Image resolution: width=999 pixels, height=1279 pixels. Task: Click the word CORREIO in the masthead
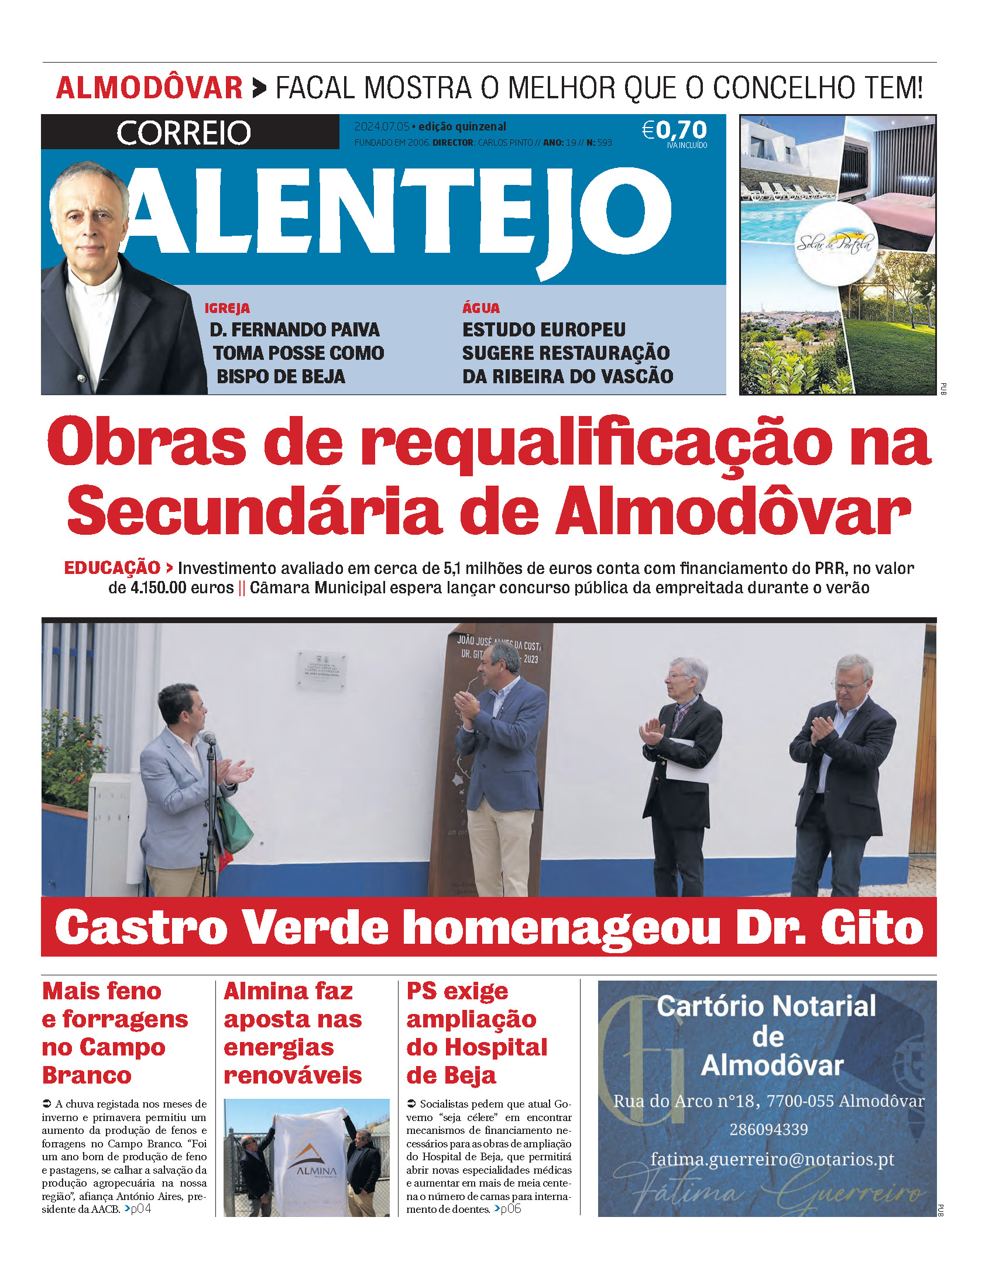point(183,133)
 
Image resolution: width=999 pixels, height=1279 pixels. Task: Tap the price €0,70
point(675,129)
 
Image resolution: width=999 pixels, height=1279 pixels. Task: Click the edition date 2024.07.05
point(382,126)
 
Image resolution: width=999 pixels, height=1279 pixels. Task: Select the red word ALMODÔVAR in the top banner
point(149,88)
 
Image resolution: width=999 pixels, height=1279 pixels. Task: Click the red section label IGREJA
point(226,308)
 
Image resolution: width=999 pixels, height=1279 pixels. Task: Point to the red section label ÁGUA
point(481,308)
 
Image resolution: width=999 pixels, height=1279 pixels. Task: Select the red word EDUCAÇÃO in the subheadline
point(112,568)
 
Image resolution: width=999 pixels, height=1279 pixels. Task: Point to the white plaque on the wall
point(322,670)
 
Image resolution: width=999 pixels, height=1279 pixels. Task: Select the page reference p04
point(140,1209)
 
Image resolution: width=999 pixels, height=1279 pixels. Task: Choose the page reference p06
point(510,1209)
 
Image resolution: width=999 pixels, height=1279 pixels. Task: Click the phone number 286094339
point(768,1129)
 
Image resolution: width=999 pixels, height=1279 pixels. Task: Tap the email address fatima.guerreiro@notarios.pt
point(773,1160)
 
